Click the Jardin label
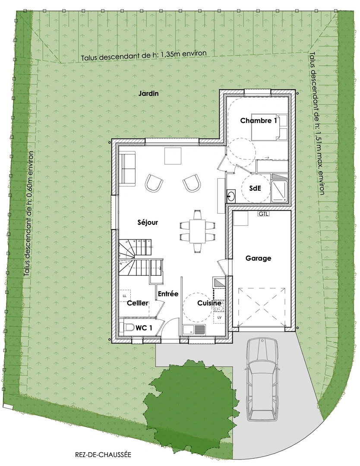tap(148, 94)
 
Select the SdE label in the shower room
tap(256, 188)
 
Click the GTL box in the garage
tap(263, 214)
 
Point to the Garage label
tap(258, 258)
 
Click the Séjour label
tap(148, 222)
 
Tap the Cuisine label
tap(209, 303)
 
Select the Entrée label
tap(168, 294)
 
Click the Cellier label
tap(138, 303)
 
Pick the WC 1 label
tap(144, 328)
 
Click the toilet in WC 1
tap(126, 328)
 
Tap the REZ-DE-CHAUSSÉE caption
tap(103, 454)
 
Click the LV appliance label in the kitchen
tap(220, 318)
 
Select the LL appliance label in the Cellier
tap(124, 296)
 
